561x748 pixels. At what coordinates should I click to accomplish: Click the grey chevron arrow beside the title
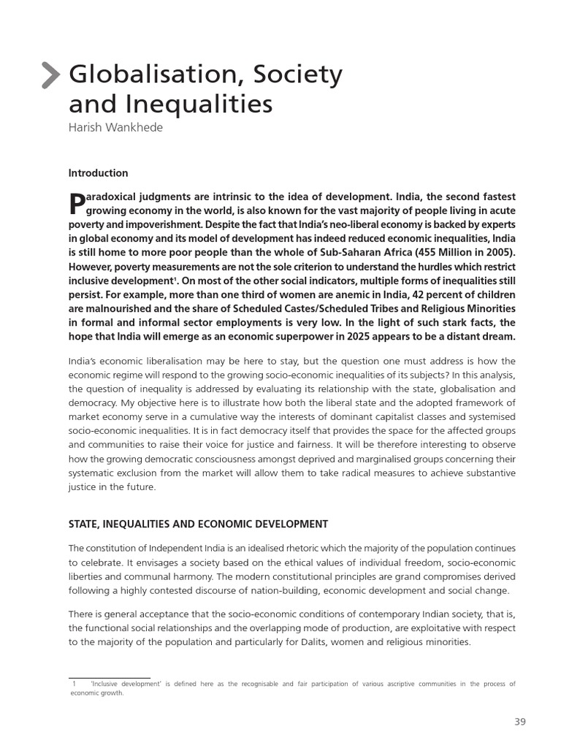click(x=50, y=75)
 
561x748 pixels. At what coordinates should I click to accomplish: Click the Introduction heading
click(x=98, y=173)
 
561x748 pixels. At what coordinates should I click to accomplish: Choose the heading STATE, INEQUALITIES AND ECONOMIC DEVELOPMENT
click(x=198, y=524)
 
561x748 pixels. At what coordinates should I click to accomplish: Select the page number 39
click(x=519, y=722)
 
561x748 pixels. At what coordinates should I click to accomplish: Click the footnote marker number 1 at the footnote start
click(x=75, y=684)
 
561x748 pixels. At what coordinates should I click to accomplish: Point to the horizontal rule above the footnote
click(x=109, y=677)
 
